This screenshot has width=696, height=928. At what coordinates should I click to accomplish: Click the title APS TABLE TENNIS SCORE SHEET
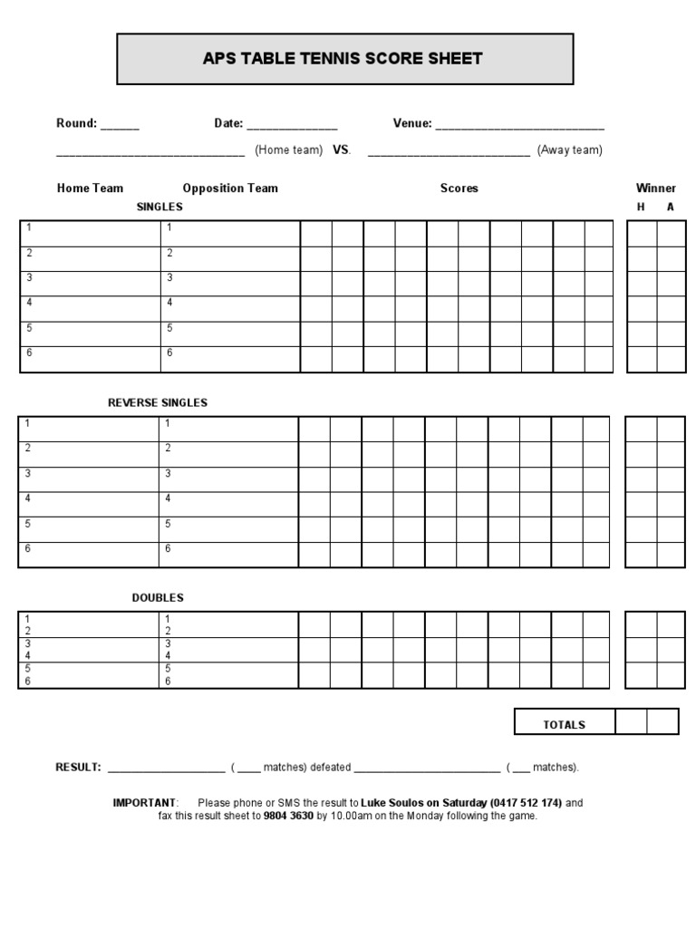(x=343, y=59)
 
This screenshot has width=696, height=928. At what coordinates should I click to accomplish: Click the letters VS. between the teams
(x=342, y=150)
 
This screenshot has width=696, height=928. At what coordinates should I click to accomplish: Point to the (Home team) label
(x=288, y=150)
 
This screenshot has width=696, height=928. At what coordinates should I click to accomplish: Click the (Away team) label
(x=569, y=150)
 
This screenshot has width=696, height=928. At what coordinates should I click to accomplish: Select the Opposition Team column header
(x=230, y=188)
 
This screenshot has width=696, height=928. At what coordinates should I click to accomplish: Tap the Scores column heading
(x=459, y=188)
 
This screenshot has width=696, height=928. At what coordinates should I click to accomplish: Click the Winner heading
(x=655, y=188)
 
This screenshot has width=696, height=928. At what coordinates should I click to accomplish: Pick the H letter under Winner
(x=641, y=208)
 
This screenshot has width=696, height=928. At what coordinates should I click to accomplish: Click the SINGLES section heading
(x=159, y=207)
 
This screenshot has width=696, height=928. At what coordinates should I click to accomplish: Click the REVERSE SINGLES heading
(x=158, y=402)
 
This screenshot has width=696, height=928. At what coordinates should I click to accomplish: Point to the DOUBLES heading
(x=158, y=598)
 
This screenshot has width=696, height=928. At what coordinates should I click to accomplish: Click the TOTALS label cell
(x=564, y=725)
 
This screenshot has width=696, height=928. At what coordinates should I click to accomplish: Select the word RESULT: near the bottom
(x=78, y=768)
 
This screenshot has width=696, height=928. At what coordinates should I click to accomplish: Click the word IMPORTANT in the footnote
(x=144, y=803)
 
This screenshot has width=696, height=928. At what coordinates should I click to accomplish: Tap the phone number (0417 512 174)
(x=526, y=803)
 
